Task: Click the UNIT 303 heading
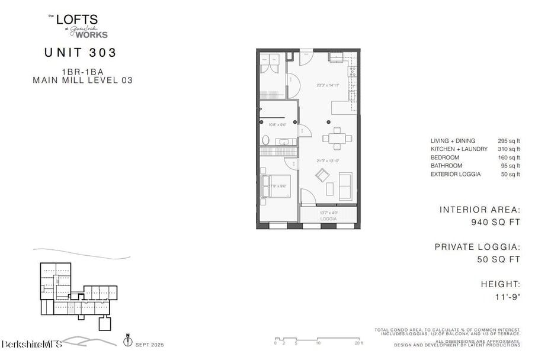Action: pos(80,53)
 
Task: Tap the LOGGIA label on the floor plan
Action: pos(328,219)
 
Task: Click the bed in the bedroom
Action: pos(277,185)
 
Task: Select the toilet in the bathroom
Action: pos(266,141)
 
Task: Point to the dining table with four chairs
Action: pos(337,139)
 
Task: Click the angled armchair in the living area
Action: pos(322,175)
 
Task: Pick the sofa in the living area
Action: pos(345,185)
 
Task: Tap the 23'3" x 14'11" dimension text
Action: pos(328,85)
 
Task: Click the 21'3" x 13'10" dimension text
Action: pos(328,160)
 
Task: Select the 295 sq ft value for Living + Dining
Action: pos(509,141)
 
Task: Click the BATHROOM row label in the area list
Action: pos(446,166)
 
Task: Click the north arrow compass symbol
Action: pos(127,340)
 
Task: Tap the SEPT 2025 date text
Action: pos(149,345)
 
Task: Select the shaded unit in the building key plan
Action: pos(72,307)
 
